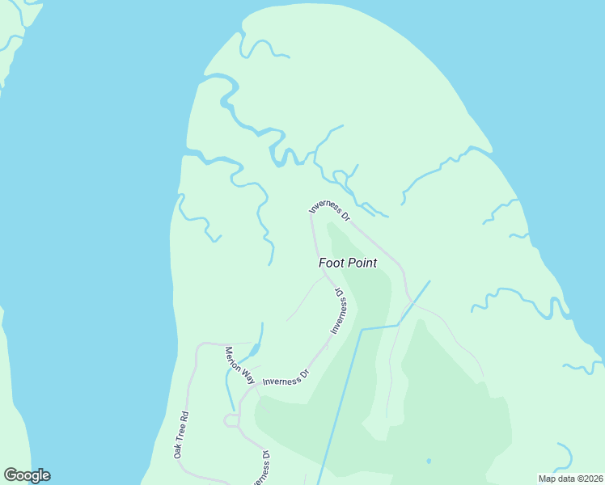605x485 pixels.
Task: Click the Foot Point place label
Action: point(348,263)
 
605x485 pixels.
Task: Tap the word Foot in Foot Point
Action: point(332,263)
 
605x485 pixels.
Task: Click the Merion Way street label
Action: point(239,366)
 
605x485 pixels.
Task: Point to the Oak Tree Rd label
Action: point(181,436)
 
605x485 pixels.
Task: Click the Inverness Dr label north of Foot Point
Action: point(330,209)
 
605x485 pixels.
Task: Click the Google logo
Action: point(27,475)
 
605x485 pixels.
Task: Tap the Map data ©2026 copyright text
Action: point(570,478)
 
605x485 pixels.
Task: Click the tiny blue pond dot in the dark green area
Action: point(429,462)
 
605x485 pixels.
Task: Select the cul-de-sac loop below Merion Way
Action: point(231,420)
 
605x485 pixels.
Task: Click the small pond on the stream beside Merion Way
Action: point(252,350)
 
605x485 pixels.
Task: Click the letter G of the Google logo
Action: point(11,475)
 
